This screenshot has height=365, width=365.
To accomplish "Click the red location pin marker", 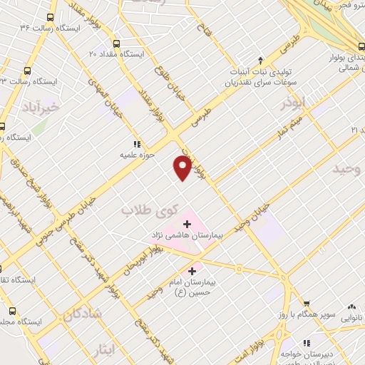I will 183,167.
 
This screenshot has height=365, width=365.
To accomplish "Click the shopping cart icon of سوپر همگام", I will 305,303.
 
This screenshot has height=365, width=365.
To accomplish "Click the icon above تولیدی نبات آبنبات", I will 262,61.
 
